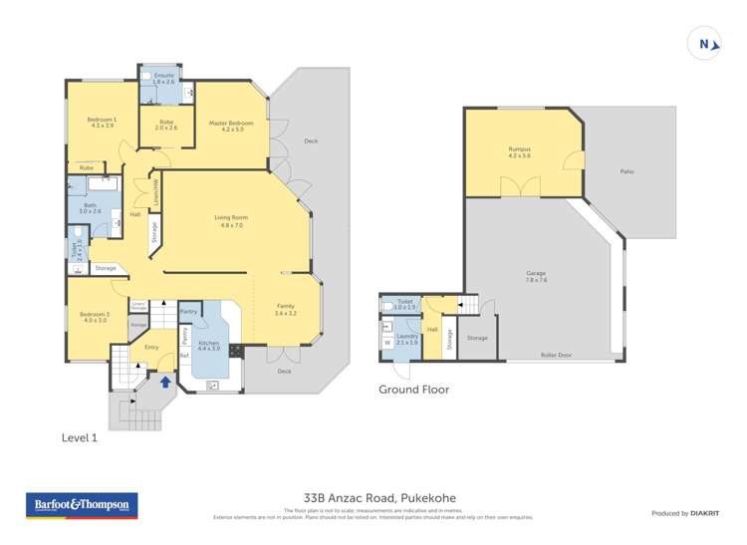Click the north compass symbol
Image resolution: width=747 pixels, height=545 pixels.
pyautogui.click(x=703, y=43)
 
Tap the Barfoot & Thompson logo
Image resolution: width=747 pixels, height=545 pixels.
pyautogui.click(x=81, y=506)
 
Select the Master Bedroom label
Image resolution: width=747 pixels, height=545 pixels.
pyautogui.click(x=231, y=126)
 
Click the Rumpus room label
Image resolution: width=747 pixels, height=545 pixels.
pyautogui.click(x=520, y=152)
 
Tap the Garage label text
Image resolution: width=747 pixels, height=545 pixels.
pyautogui.click(x=536, y=276)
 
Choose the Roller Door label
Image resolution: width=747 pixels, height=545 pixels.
pyautogui.click(x=555, y=355)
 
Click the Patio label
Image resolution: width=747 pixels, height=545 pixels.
pyautogui.click(x=627, y=171)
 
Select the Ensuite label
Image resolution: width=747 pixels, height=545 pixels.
pyautogui.click(x=158, y=78)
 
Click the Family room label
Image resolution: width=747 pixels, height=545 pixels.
pyautogui.click(x=286, y=310)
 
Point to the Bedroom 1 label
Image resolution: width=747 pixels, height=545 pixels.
pyautogui.click(x=104, y=123)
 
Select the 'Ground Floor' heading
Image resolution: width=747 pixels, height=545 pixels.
pyautogui.click(x=413, y=391)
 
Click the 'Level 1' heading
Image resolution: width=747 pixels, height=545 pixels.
pyautogui.click(x=83, y=436)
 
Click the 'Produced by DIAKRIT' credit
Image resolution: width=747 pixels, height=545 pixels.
pyautogui.click(x=684, y=512)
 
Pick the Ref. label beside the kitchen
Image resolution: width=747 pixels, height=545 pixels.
pyautogui.click(x=184, y=355)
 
